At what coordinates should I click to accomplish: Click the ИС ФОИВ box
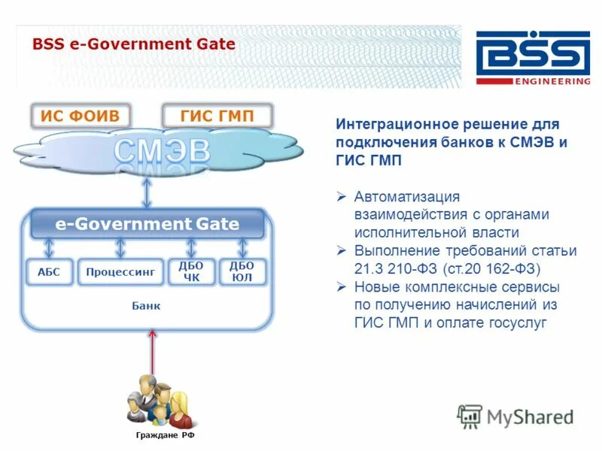pos(79,117)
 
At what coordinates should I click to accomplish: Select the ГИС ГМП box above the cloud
pos(217,117)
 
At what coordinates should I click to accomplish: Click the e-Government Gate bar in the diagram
pos(147,224)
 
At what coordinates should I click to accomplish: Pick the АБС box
pos(48,272)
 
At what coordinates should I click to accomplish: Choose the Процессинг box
pos(120,272)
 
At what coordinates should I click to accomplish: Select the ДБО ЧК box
pos(192,272)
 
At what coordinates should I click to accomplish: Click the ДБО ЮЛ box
pos(242,272)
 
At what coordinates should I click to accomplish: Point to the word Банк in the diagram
pos(146,306)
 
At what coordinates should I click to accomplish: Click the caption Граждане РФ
pos(159,435)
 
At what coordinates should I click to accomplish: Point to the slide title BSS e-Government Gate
pos(134,44)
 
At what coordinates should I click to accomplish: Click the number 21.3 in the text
pos(366,268)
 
